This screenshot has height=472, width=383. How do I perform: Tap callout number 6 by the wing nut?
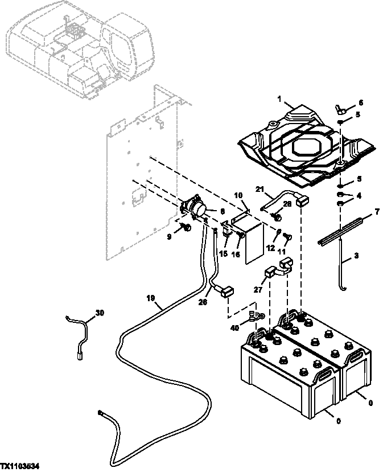coord(360,103)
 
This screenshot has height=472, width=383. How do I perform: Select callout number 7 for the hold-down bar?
coord(375,214)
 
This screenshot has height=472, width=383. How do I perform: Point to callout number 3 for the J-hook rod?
coord(357,257)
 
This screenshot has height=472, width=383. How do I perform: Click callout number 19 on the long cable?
coord(150,298)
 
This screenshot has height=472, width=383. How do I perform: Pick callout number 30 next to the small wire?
coord(100,313)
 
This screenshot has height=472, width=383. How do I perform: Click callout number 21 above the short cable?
coord(260,189)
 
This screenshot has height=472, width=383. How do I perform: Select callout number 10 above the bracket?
coord(238,196)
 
